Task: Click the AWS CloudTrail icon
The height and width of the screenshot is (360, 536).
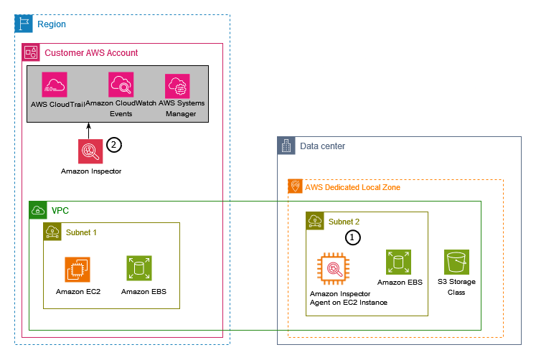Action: [54, 85]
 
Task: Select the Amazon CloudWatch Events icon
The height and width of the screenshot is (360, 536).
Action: [121, 85]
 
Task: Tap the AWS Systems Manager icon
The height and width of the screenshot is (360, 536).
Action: [177, 86]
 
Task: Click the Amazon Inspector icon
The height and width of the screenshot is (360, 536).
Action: [90, 151]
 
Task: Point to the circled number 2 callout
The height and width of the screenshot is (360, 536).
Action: [114, 145]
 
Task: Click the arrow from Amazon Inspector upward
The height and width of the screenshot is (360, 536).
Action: [90, 131]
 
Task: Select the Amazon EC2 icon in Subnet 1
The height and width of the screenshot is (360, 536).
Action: [77, 270]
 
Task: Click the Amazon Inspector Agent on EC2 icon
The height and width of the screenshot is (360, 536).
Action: [334, 270]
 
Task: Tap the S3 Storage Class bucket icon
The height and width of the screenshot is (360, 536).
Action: [456, 262]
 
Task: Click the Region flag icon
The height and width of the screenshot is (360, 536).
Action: [24, 24]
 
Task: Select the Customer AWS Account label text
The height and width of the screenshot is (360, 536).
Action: [91, 52]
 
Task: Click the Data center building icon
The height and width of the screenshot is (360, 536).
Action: [286, 146]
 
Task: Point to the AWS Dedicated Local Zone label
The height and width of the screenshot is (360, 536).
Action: [352, 187]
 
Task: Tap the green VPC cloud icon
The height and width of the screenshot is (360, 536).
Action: [37, 210]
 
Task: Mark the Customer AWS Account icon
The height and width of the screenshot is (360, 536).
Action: [31, 52]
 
